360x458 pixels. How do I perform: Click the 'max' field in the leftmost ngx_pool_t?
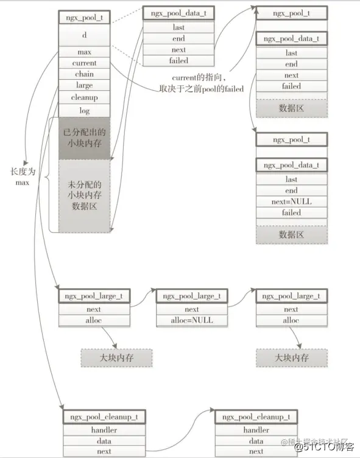tap(84, 52)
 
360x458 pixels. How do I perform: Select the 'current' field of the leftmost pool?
tap(84, 63)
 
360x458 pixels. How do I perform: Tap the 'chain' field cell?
tap(84, 74)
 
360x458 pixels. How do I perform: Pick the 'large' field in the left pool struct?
tap(84, 86)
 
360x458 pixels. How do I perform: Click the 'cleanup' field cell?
tap(84, 97)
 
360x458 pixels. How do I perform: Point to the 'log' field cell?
tap(84, 110)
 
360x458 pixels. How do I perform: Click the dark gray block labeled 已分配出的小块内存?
tap(84, 138)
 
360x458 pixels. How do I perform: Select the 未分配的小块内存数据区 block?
tap(84, 195)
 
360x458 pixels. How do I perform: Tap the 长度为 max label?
tap(22, 177)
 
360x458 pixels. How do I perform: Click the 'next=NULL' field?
tap(291, 202)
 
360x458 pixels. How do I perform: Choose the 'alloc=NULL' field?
tap(192, 320)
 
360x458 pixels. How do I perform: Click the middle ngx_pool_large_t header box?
tap(192, 297)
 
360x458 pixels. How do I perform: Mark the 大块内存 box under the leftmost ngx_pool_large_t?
tap(116, 358)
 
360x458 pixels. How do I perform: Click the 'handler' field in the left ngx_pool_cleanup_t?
tap(104, 430)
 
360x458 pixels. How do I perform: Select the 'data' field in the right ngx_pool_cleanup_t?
tap(256, 441)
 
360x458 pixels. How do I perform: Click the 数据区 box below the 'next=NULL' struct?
tap(291, 234)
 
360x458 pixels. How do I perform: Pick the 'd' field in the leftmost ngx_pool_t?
tap(84, 35)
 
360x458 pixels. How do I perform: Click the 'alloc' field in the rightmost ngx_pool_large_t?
tap(291, 320)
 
